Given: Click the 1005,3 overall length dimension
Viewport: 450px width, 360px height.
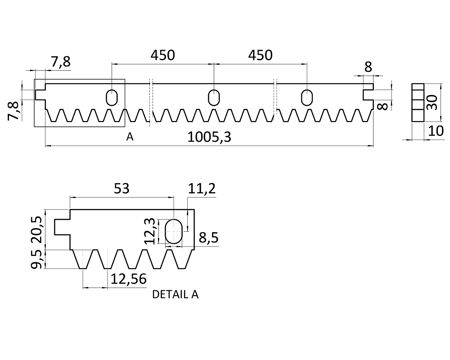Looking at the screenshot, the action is coord(209,137).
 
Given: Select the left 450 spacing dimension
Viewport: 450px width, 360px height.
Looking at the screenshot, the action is coord(163,55).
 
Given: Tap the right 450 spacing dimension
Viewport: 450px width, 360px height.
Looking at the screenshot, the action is coord(260,55).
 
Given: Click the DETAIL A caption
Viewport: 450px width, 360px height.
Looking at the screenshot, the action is coord(175,295).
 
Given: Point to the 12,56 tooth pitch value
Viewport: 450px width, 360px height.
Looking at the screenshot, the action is coord(128,279).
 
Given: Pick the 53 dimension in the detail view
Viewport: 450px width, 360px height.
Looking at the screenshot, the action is coord(121,189).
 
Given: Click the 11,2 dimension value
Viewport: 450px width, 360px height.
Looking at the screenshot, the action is coord(202,189).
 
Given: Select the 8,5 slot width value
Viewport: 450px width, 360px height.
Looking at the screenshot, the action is coord(209,238).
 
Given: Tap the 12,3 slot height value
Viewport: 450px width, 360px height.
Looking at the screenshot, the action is coord(150,231).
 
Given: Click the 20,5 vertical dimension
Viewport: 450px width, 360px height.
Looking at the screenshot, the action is coord(37,229).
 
